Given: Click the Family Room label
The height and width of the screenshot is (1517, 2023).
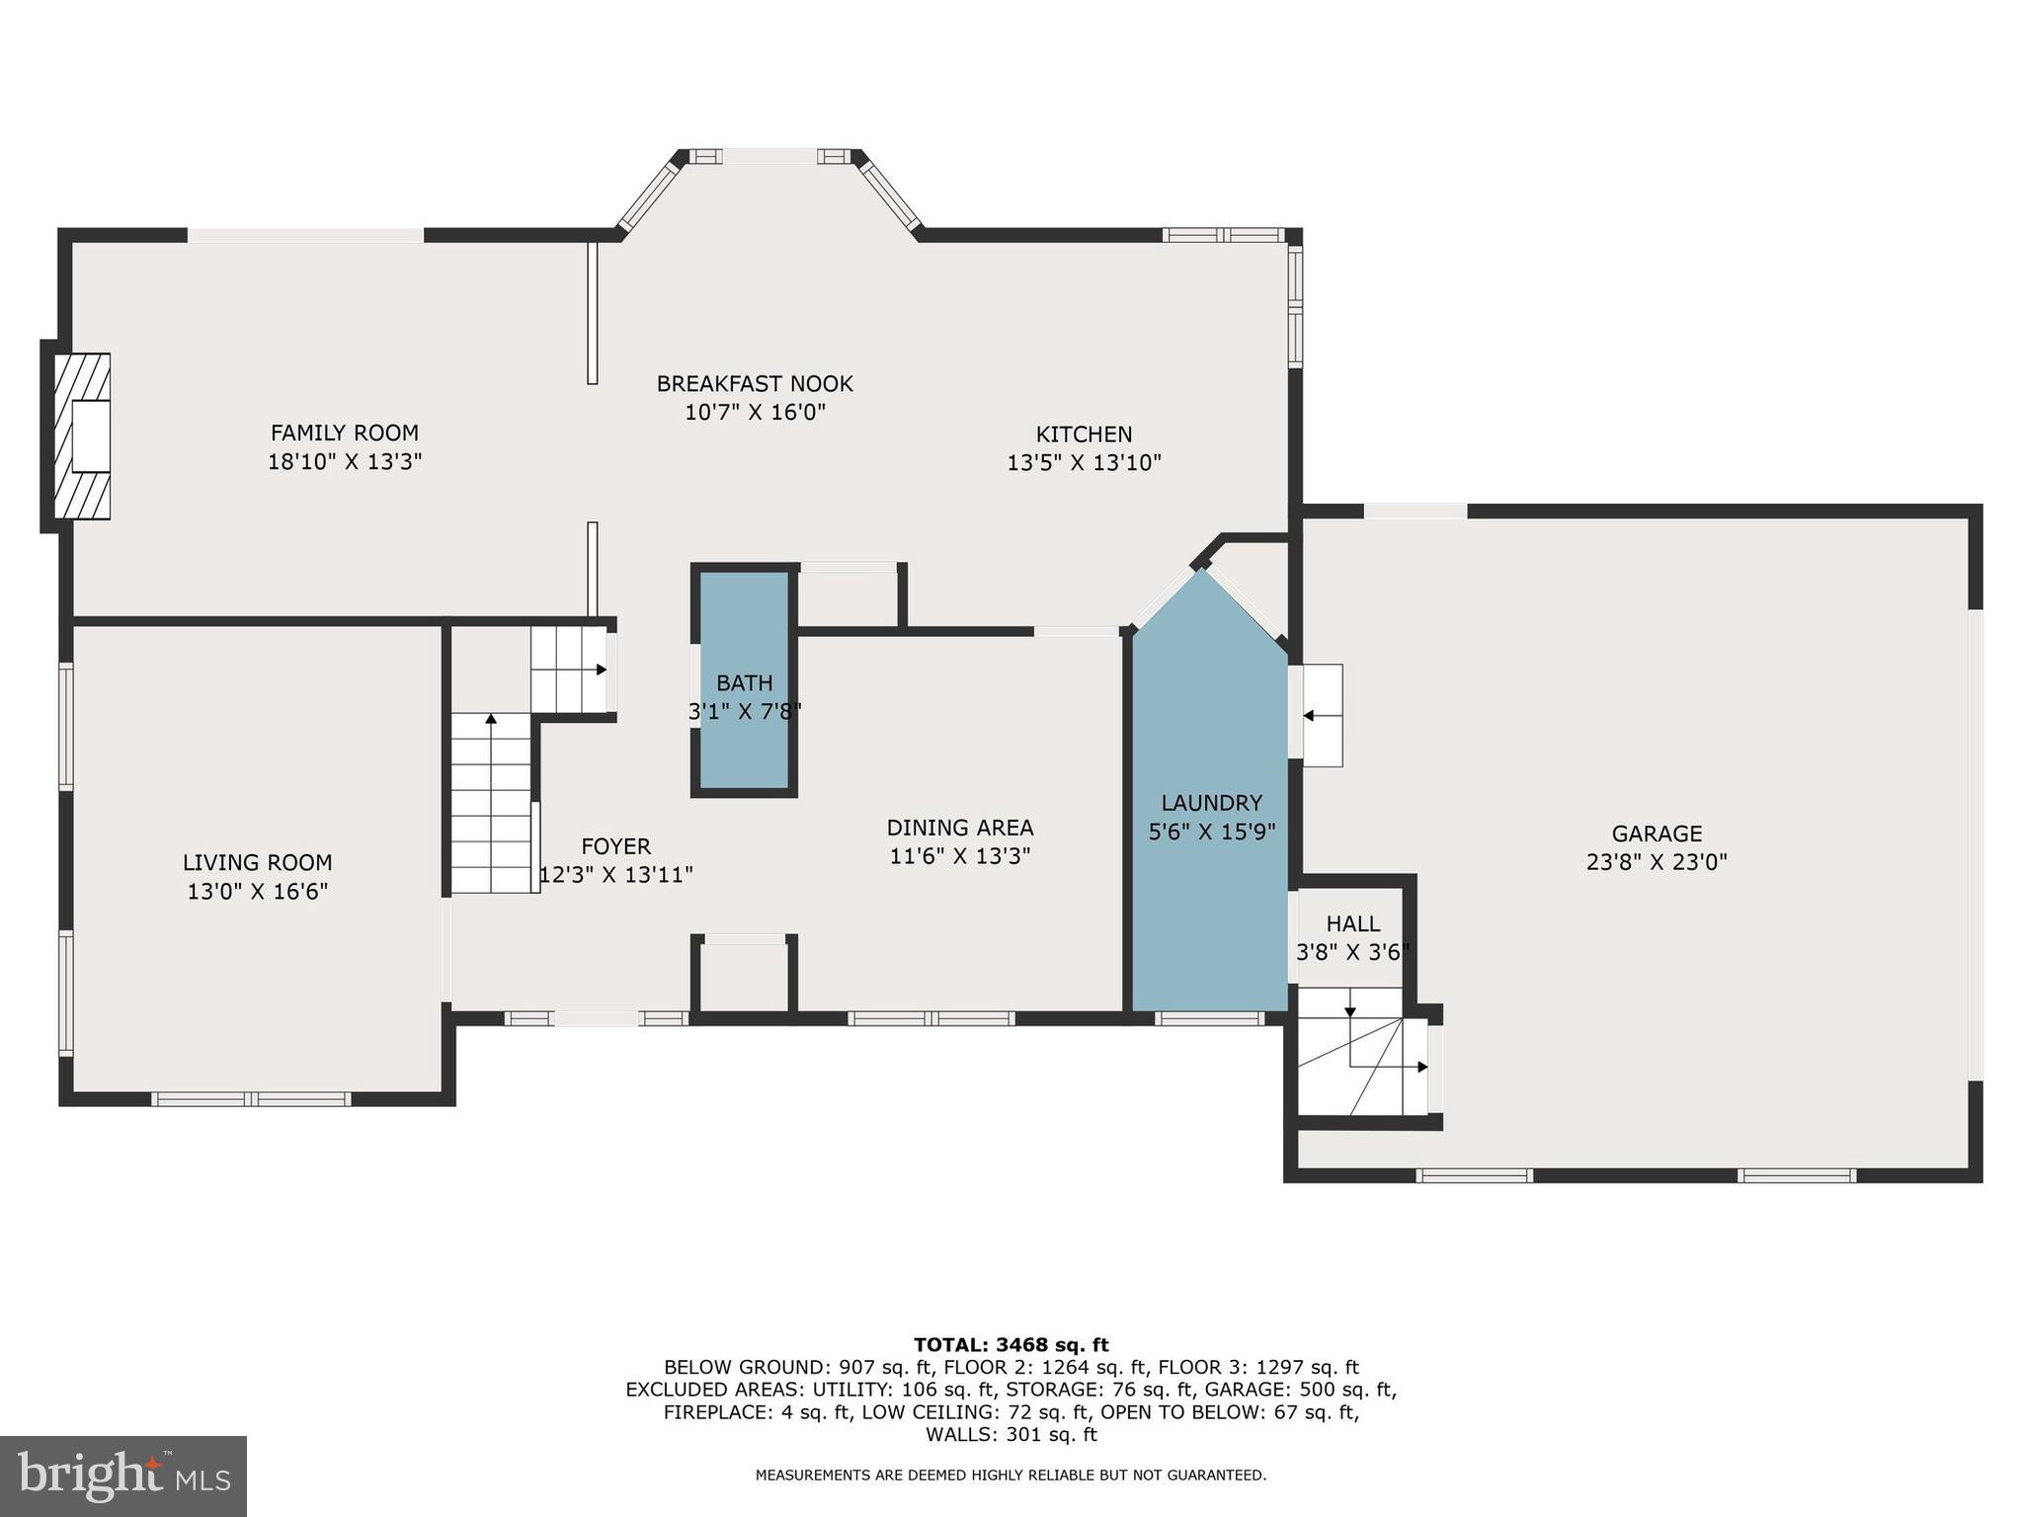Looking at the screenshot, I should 344,433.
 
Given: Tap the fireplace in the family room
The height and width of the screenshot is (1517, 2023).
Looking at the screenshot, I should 83,436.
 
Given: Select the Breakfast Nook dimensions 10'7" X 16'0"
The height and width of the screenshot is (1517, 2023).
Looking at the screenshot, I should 755,412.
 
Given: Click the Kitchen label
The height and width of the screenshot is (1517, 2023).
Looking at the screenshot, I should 1084,435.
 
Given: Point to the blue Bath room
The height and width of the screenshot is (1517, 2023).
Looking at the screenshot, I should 744,681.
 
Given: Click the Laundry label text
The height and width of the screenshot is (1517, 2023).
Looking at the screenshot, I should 1211,803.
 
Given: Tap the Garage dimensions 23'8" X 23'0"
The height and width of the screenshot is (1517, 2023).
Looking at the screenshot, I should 1657,862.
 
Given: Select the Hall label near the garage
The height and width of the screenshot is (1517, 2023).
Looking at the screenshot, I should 1352,924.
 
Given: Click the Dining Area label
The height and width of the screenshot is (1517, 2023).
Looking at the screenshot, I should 959,828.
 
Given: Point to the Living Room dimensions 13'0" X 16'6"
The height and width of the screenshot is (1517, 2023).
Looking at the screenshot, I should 257,892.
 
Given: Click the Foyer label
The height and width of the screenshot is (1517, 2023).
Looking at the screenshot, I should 615,846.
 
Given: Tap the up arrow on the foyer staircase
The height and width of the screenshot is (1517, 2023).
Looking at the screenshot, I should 491,719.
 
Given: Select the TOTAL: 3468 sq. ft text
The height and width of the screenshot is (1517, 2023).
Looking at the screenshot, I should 1011,1344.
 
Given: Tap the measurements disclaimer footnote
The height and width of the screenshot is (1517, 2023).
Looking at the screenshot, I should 1011,1475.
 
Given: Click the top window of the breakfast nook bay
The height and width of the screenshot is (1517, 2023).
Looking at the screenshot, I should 769,156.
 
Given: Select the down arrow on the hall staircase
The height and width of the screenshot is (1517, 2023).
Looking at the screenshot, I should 1350,1010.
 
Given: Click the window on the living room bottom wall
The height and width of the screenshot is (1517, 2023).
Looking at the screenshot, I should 251,1099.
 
